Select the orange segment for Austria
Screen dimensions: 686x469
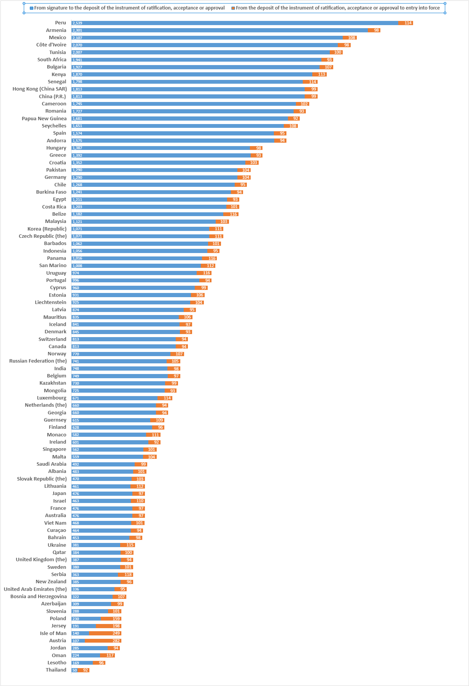pos(103,641)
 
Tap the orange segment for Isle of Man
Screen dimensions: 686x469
pos(105,633)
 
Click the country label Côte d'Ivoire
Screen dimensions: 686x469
pos(51,45)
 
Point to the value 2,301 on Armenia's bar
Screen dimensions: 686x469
pos(77,30)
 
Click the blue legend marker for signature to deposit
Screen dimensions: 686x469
pos(32,8)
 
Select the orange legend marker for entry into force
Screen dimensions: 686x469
pos(233,8)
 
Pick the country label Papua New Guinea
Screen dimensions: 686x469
pos(44,119)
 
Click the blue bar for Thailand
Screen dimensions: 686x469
pos(75,670)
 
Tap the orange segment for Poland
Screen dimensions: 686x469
pos(111,619)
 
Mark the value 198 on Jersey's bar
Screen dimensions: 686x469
pos(116,626)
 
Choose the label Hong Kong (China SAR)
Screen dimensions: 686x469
pos(40,89)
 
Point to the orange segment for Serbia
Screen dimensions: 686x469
pos(125,575)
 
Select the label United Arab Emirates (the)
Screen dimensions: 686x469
pos(35,589)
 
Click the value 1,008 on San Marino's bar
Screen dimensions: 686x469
pos(77,266)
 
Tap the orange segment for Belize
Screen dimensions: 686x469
pos(231,214)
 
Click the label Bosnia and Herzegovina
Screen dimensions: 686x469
pos(38,597)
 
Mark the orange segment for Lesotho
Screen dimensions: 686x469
pos(99,663)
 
